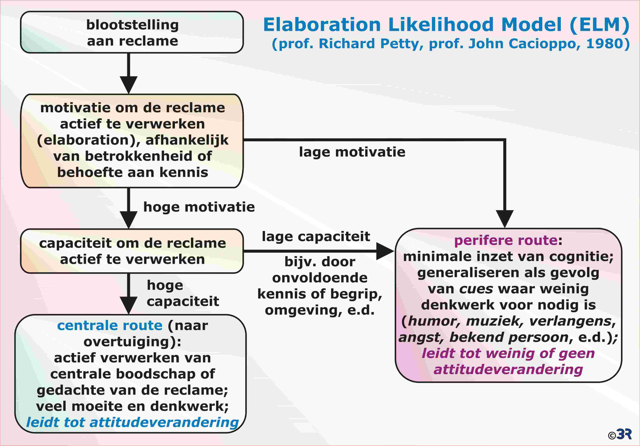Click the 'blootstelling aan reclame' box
click(132, 32)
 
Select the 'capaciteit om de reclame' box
click(132, 251)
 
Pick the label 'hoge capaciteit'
click(183, 293)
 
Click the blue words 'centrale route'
click(110, 325)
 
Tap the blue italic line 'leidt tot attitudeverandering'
click(132, 422)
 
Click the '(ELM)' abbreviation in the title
click(599, 24)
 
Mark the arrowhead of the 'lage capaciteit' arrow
click(385, 251)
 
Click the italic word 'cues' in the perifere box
click(476, 289)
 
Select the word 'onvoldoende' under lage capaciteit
click(320, 278)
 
